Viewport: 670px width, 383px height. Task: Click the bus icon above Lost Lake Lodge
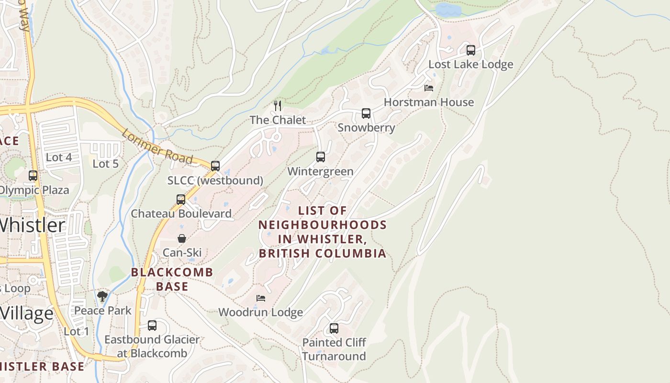point(470,50)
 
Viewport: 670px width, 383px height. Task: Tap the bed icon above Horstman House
point(429,88)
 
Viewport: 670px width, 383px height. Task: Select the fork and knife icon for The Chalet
point(278,105)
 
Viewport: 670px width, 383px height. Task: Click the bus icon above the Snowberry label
point(366,113)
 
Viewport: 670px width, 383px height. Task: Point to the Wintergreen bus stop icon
point(321,157)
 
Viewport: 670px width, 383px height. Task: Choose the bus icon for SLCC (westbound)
point(215,166)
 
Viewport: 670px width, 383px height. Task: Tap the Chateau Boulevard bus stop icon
point(181,200)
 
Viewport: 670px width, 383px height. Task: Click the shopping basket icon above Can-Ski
point(182,238)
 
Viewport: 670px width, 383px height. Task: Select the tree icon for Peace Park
point(102,296)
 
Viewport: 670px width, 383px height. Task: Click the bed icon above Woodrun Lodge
point(261,298)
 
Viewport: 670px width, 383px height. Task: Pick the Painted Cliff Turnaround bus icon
point(334,328)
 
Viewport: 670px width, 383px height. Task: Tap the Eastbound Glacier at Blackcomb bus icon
point(152,326)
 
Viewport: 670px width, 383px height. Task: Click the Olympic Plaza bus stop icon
point(33,176)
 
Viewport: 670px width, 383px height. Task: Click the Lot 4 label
point(59,158)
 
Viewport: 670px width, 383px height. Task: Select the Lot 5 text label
point(105,164)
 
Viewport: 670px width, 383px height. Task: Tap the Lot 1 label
point(77,331)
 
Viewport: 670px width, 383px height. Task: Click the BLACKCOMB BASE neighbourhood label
point(172,279)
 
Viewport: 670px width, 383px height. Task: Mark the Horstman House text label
point(429,102)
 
